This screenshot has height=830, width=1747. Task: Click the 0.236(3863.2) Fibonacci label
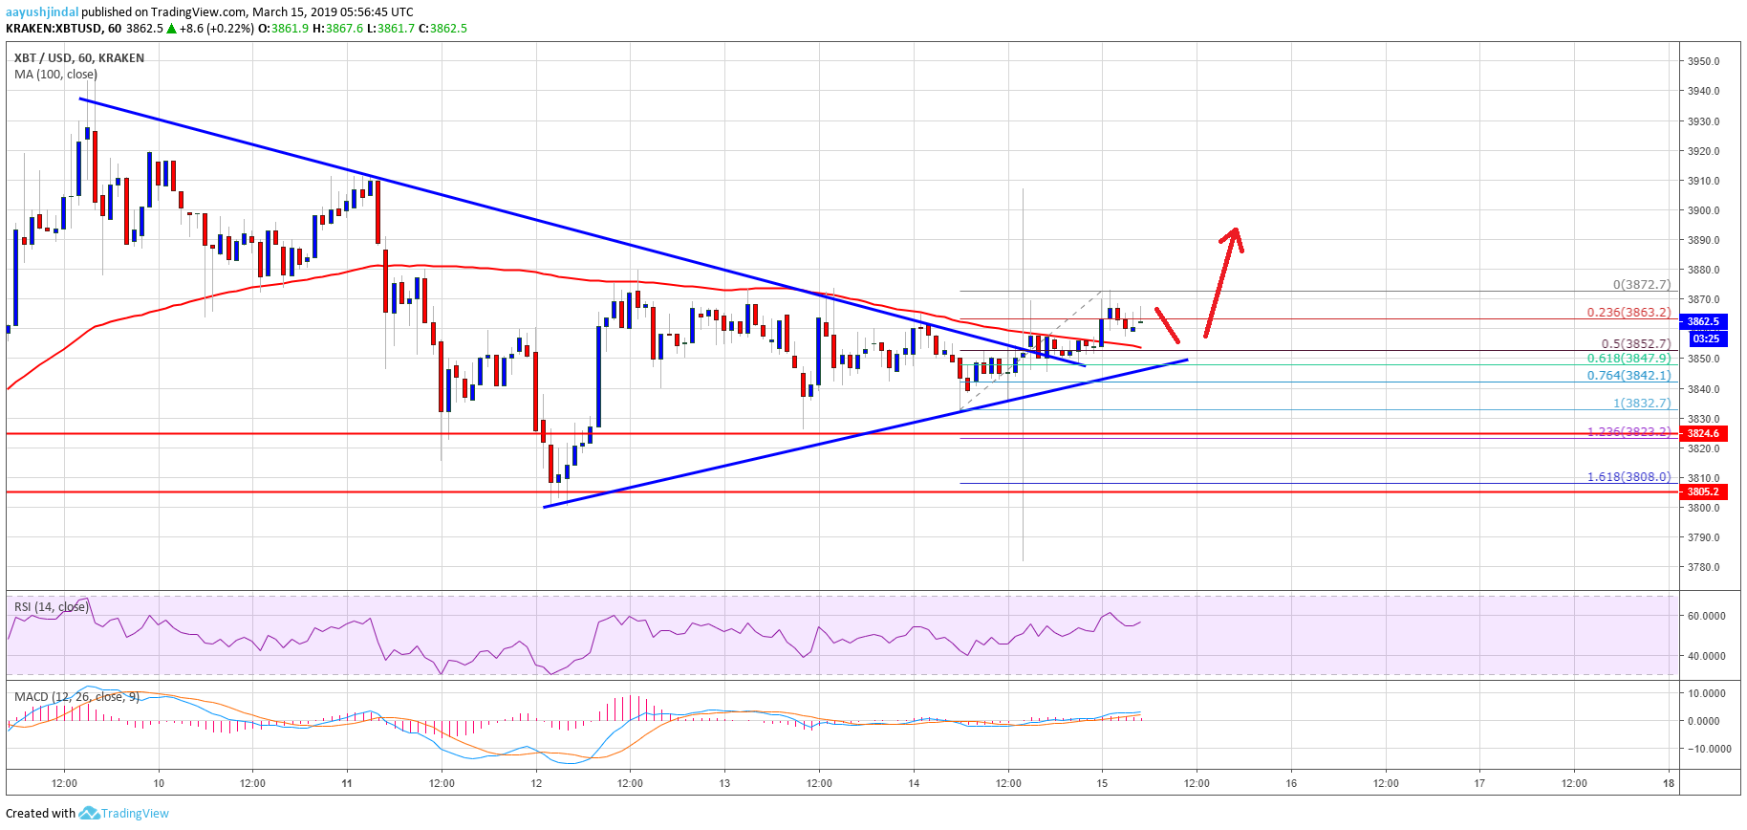coord(1628,312)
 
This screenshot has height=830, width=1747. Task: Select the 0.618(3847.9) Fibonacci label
coord(1628,359)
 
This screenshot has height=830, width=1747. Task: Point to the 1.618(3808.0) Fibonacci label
coord(1628,476)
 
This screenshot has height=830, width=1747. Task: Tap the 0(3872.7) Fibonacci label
coord(1641,284)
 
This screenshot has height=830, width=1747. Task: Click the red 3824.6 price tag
coord(1702,433)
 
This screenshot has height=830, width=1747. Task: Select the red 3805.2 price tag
coord(1702,491)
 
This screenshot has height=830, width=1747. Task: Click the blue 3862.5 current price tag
coord(1702,321)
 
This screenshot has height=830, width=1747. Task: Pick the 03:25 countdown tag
coord(1706,339)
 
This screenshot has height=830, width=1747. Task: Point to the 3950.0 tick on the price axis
coord(1703,61)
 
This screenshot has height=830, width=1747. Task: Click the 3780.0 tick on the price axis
coord(1703,567)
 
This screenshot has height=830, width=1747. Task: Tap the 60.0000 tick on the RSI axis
coord(1706,616)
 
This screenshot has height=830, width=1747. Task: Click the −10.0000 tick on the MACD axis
coord(1708,749)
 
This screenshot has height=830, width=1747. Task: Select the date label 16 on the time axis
coord(1291,783)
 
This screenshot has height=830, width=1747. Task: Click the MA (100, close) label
coord(55,74)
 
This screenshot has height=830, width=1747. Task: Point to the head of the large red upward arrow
coord(1235,232)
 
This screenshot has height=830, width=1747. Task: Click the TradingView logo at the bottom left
coord(123,813)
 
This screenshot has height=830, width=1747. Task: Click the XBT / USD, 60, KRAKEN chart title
coord(79,57)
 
